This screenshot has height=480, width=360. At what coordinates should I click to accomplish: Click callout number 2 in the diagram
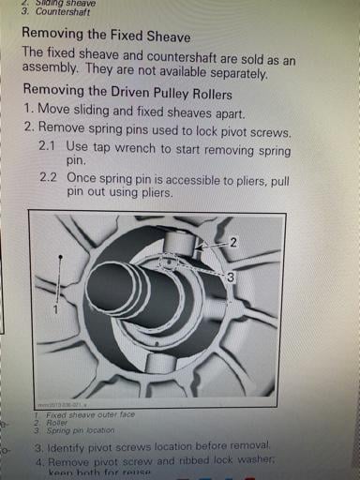(x=232, y=242)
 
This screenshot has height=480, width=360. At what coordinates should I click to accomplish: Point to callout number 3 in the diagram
(x=230, y=277)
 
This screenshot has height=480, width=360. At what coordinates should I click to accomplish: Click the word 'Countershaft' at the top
(x=68, y=13)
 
